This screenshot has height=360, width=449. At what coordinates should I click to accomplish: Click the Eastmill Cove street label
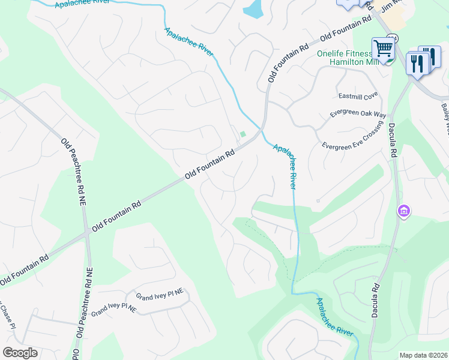coord(358,95)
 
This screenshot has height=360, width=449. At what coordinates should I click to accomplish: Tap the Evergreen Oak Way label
coord(358,114)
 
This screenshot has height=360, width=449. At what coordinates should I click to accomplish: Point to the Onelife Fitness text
coord(349,54)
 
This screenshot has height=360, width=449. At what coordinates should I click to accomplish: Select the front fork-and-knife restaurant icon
coord(417,62)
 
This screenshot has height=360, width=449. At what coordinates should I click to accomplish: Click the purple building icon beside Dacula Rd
coord(403,211)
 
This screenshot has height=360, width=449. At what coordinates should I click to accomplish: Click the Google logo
coord(20,353)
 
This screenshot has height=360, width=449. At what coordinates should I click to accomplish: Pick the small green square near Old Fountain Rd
coord(243,134)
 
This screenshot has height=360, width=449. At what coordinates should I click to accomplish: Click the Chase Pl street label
coord(5,311)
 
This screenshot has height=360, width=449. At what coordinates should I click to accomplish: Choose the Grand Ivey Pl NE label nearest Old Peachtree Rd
coord(114,310)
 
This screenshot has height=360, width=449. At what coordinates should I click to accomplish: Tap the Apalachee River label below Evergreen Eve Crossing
coord(286,166)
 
